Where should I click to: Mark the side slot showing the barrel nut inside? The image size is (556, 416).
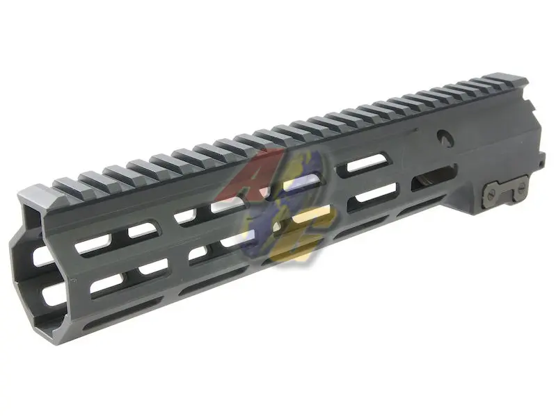pyautogui.click(x=430, y=182)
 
